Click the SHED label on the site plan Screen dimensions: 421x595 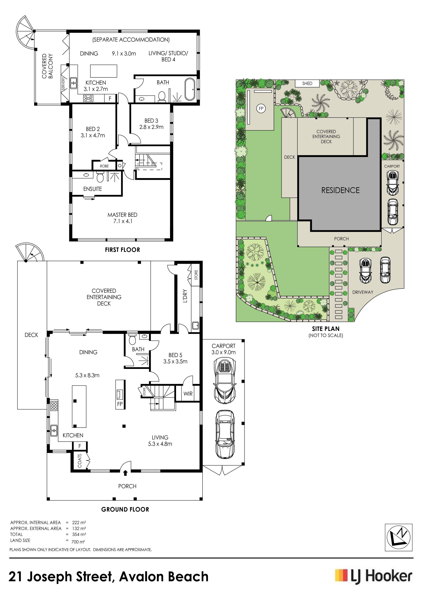tap(307, 83)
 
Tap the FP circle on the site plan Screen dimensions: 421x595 tap(261, 108)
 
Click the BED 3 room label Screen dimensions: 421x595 tap(151, 124)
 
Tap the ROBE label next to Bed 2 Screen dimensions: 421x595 tap(104, 166)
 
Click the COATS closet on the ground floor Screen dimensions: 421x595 tap(80, 460)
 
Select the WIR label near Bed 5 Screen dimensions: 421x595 tap(188, 394)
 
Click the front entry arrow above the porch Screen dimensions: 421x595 tap(126, 473)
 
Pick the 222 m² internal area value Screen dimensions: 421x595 tap(79, 522)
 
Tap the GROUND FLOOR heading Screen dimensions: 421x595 tap(125, 510)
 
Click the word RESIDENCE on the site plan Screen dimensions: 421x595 tap(340, 190)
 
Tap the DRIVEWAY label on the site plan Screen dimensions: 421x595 tap(363, 292)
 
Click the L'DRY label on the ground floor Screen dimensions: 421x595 tap(185, 296)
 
